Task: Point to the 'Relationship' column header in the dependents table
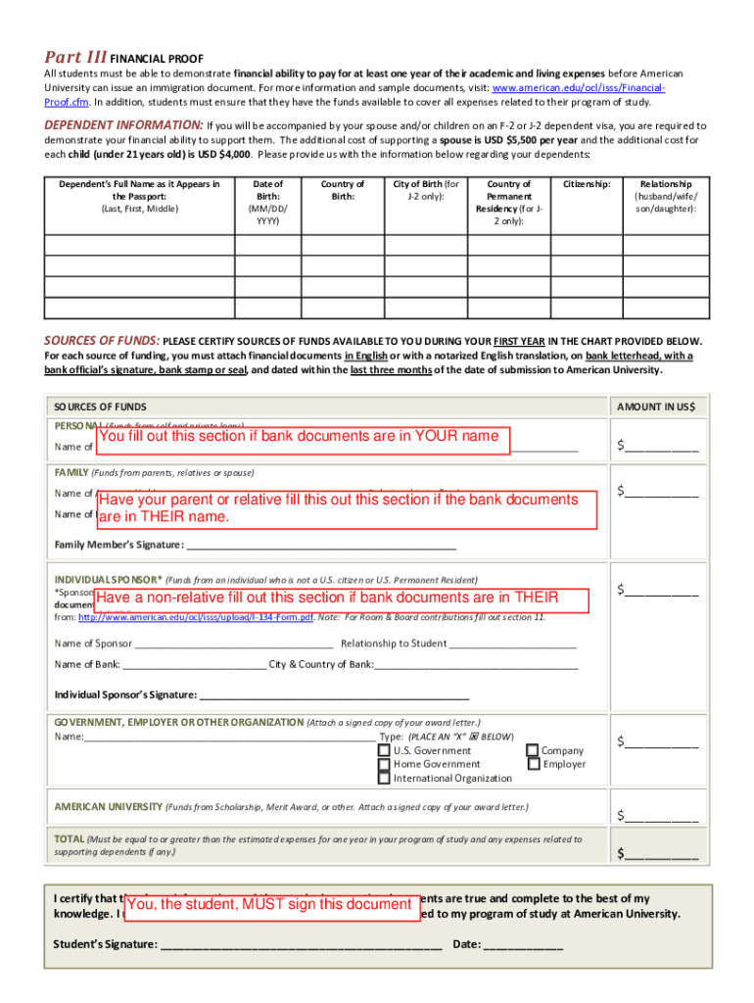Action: [x=666, y=196]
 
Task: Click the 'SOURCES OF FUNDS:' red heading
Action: [x=102, y=341]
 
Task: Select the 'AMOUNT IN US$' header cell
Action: [x=655, y=406]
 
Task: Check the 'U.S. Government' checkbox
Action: [x=384, y=751]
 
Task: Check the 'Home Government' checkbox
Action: [x=384, y=765]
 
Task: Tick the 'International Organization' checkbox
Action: [x=384, y=779]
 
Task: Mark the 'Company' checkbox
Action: [x=532, y=751]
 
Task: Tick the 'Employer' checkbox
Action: [x=532, y=765]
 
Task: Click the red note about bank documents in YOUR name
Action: [x=303, y=437]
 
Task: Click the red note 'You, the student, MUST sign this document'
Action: [x=269, y=904]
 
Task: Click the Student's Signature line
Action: [x=301, y=946]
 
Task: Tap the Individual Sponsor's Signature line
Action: [x=334, y=695]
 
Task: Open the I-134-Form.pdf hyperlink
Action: [x=196, y=617]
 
